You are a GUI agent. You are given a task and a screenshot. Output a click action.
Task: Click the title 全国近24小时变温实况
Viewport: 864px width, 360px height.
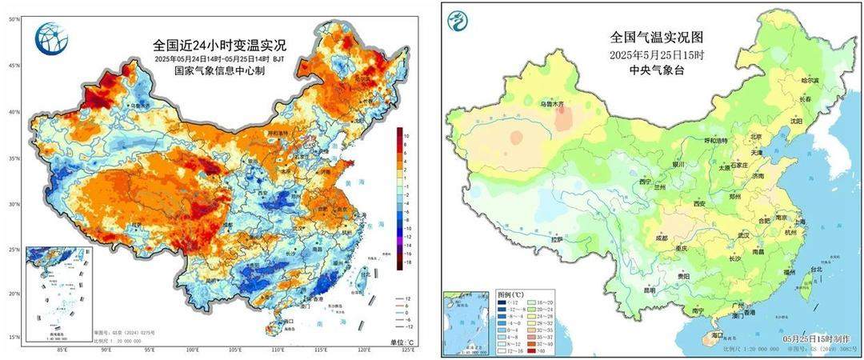pyautogui.click(x=219, y=46)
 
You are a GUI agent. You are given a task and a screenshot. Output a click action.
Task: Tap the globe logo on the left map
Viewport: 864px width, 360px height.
pyautogui.click(x=51, y=38)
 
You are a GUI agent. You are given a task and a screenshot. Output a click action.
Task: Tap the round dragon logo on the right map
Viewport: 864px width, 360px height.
pyautogui.click(x=458, y=22)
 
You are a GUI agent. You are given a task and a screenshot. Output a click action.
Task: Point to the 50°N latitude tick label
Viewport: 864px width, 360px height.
pyautogui.click(x=14, y=18)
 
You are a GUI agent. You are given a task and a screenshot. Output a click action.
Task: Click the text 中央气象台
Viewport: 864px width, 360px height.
pyautogui.click(x=646, y=70)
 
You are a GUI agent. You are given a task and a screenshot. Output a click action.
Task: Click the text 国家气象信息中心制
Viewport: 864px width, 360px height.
pyautogui.click(x=219, y=71)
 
